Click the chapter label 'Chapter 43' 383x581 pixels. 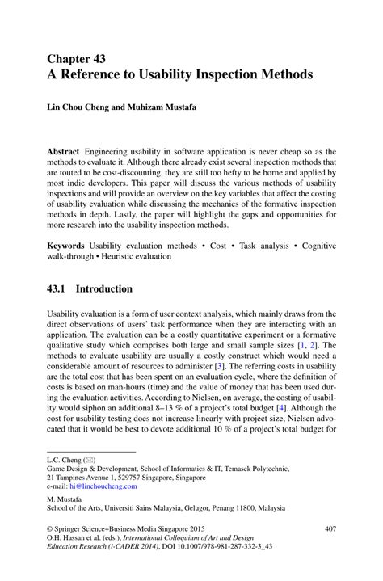[x=76, y=58]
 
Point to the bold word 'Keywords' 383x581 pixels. [x=65, y=243]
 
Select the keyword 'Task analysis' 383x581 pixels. [x=261, y=243]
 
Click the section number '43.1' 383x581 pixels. [x=60, y=288]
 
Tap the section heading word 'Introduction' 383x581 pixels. [x=104, y=288]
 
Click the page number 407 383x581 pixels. [x=329, y=529]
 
